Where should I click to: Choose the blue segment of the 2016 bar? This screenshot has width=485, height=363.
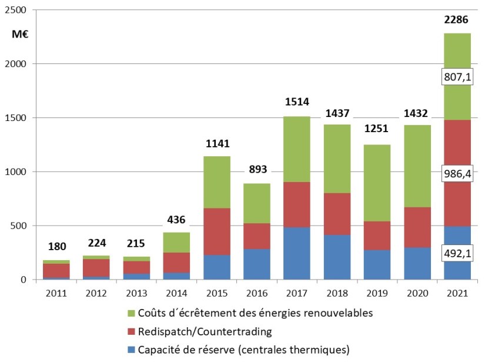coord(257,264)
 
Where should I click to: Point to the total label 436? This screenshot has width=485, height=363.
coord(176,220)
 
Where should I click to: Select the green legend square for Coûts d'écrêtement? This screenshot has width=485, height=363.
coord(132,312)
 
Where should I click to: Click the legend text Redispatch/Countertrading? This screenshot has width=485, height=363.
coord(205,331)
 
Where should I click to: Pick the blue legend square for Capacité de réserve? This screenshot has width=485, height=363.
coord(132,351)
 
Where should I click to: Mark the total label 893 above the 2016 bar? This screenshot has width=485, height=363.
coord(257,169)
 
